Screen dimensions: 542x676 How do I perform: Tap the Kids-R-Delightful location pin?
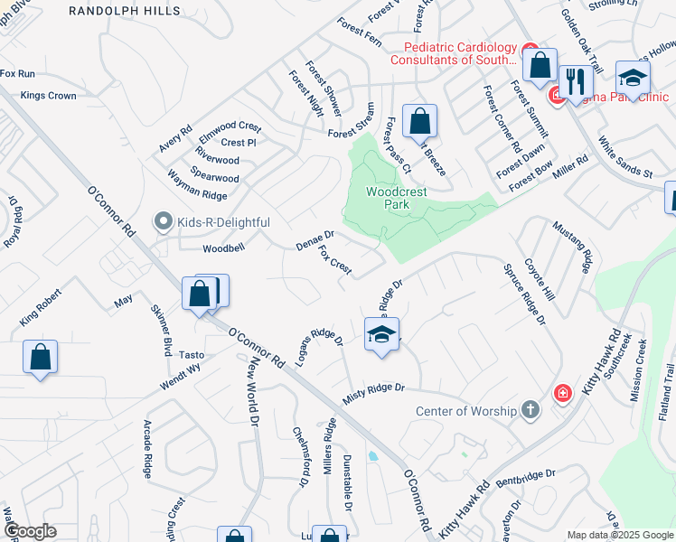[x=163, y=220]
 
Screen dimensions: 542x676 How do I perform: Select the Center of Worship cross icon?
[x=530, y=412]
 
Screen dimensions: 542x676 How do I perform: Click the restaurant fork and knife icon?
[x=575, y=80]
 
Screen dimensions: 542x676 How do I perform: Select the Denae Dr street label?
[x=315, y=239]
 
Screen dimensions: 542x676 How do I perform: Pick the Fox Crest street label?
[x=334, y=260]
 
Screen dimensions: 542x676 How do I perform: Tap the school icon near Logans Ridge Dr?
[x=381, y=335]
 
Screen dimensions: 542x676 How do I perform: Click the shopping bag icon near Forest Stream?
[x=420, y=120]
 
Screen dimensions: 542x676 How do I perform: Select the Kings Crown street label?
[x=49, y=95]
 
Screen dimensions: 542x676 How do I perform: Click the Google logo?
[x=29, y=531]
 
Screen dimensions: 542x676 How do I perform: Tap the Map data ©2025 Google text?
[x=620, y=535]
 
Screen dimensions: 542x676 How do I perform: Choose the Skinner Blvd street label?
[x=161, y=331]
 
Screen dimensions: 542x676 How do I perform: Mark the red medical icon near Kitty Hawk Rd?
[x=562, y=393]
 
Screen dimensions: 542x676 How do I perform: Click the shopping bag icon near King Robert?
[x=41, y=357]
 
